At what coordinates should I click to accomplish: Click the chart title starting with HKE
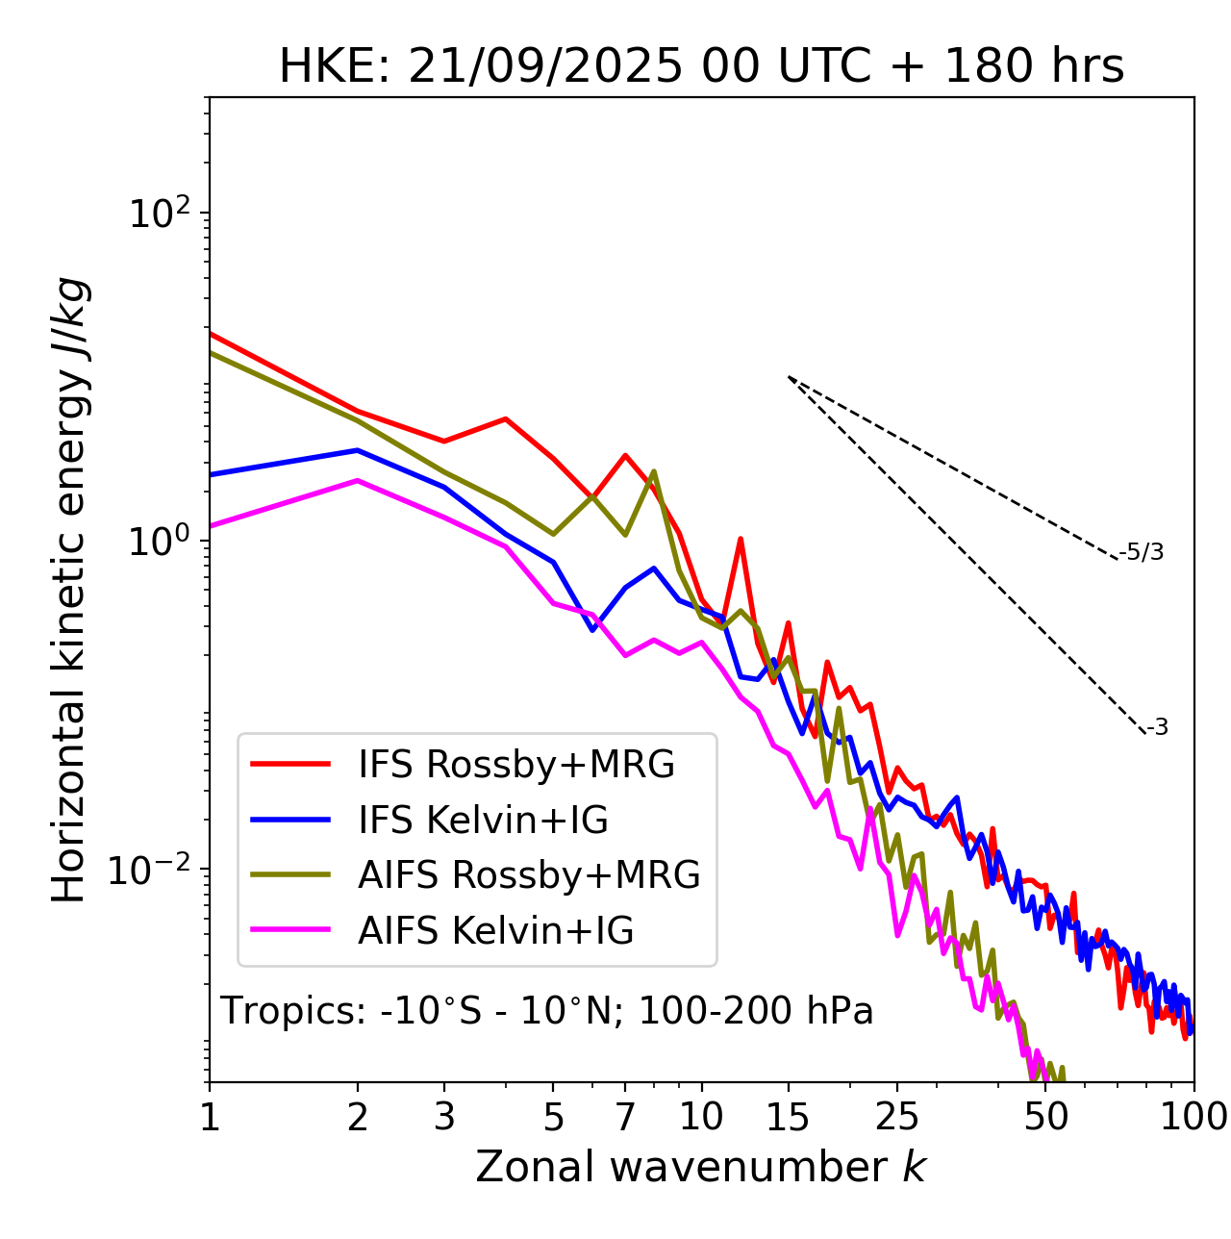click(701, 67)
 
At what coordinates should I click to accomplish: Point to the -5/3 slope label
click(1142, 553)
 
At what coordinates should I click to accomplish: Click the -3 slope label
click(1157, 728)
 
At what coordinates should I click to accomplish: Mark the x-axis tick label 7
click(625, 1117)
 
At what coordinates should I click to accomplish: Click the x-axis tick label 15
click(789, 1117)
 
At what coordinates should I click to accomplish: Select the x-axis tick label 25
click(897, 1117)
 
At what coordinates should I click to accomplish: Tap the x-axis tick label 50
click(1046, 1117)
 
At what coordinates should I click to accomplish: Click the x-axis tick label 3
click(444, 1117)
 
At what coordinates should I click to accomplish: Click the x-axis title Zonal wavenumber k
click(701, 1167)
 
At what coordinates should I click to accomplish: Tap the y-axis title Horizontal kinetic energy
click(69, 590)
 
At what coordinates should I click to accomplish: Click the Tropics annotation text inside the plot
click(547, 1012)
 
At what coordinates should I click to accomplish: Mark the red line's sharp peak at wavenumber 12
click(741, 539)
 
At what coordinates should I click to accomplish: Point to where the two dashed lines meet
click(789, 377)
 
